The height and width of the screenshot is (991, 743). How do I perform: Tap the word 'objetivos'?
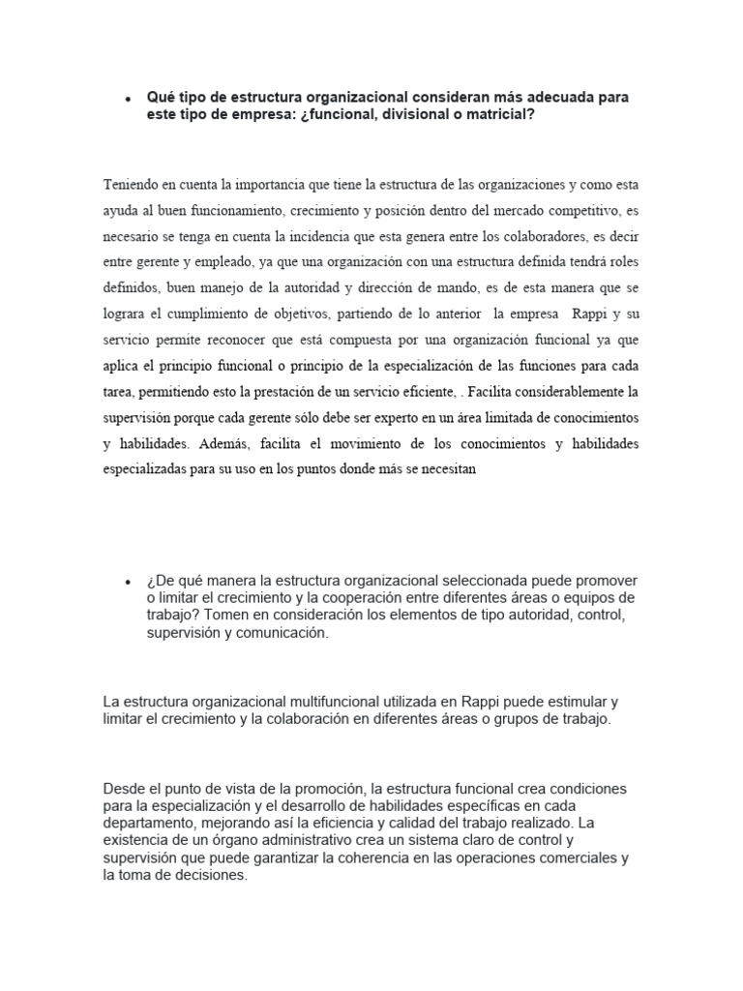coord(338,315)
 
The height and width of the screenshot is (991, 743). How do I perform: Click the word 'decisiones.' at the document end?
coord(210,874)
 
